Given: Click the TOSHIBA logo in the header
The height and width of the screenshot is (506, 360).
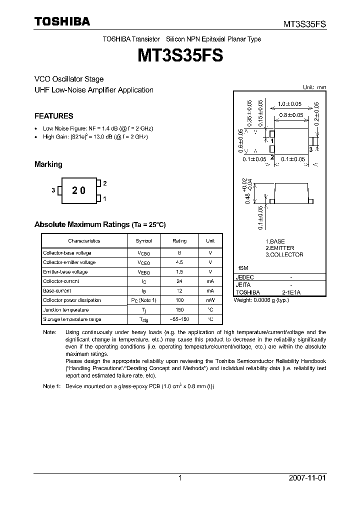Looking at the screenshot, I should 62,22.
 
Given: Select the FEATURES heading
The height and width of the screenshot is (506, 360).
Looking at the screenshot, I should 53,116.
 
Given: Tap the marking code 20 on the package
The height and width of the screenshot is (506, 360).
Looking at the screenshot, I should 78,190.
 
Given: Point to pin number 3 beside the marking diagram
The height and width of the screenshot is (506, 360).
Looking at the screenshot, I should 53,190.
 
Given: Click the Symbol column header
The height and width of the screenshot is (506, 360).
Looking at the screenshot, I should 144,240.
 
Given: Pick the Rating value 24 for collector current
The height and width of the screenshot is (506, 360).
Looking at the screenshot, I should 179,281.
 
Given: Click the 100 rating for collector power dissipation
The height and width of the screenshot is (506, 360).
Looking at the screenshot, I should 179,300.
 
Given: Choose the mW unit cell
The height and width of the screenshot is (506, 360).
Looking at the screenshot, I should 210,300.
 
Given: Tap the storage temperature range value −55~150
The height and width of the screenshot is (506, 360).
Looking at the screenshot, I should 179,319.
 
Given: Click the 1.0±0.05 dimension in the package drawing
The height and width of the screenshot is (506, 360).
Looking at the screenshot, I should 290,104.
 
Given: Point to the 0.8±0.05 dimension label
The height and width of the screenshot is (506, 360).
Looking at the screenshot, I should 291,115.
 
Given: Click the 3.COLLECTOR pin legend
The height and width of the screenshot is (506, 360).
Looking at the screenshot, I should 284,254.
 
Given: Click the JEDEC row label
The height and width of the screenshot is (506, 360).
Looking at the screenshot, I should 245,277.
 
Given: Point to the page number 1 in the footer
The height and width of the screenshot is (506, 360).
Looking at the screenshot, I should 180,478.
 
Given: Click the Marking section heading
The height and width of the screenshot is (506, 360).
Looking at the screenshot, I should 48,164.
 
